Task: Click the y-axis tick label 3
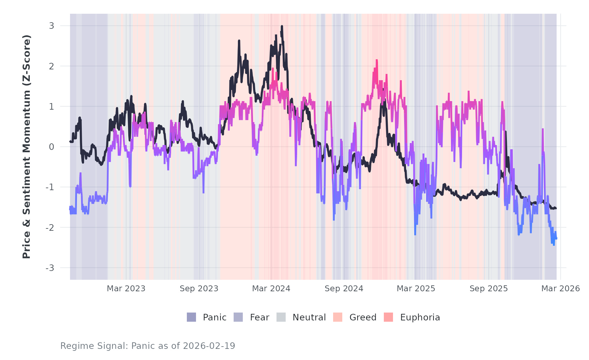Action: (52, 26)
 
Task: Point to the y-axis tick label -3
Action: (50, 268)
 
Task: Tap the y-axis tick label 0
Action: (52, 147)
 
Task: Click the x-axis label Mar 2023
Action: (126, 289)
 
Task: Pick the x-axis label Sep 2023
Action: (199, 289)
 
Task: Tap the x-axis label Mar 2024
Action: (271, 289)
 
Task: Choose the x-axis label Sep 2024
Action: (344, 289)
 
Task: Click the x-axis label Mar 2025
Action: (416, 289)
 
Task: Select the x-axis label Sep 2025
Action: (489, 289)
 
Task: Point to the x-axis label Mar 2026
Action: (561, 289)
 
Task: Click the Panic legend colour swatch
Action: (191, 317)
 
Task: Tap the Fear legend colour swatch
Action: (238, 317)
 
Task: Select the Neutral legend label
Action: (309, 317)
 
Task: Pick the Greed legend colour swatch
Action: (338, 317)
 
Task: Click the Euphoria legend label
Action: (420, 317)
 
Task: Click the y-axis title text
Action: (27, 147)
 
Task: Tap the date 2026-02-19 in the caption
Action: (209, 346)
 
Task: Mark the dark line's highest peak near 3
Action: (282, 26)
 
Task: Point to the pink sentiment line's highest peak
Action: (377, 60)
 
